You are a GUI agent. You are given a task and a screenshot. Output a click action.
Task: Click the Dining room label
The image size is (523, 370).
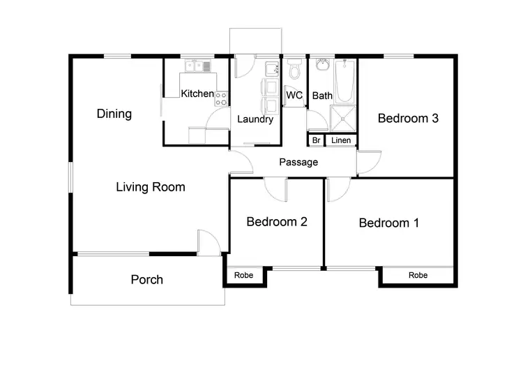[x=114, y=114]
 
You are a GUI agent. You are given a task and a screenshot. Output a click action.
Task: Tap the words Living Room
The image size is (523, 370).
[x=150, y=186]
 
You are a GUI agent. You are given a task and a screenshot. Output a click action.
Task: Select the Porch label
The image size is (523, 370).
[x=146, y=280]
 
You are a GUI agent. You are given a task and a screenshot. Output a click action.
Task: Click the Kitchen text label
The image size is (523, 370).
[x=197, y=94]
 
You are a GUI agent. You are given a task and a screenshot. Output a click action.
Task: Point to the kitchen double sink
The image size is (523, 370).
[x=197, y=66]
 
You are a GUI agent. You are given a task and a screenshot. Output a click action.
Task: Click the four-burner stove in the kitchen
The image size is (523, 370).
[x=222, y=98]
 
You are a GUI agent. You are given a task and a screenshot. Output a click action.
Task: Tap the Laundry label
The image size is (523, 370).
[x=255, y=119]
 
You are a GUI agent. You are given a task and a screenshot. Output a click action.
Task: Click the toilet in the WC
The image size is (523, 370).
[x=294, y=71]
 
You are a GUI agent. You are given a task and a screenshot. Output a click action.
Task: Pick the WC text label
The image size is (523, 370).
[x=294, y=96]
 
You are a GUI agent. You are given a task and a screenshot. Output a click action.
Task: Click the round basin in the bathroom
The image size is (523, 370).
[x=322, y=66]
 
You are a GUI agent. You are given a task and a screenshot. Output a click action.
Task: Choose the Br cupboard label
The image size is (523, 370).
[x=316, y=140]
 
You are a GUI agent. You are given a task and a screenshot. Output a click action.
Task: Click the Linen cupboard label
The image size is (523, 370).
[x=341, y=140]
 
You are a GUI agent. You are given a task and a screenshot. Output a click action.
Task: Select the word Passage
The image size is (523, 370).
[x=298, y=162]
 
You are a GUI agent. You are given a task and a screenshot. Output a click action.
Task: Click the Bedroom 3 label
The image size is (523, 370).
[x=408, y=118]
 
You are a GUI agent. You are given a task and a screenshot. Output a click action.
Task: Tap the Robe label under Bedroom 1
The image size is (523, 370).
[x=418, y=275]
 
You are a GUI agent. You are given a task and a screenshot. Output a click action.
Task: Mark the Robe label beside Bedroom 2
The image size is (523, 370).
[x=243, y=275]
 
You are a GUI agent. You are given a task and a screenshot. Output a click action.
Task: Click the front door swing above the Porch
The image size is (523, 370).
[x=209, y=242]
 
